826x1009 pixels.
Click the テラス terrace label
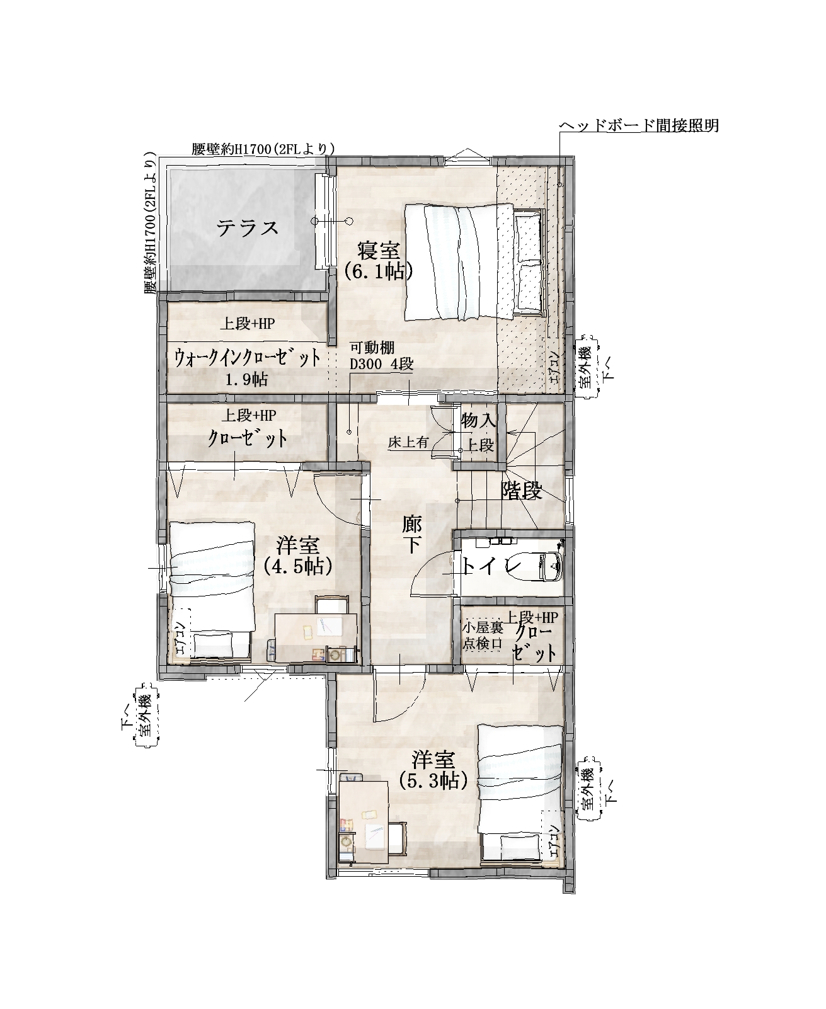247,228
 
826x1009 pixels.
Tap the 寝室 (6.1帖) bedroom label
379,261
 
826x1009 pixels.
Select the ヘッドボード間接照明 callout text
640,126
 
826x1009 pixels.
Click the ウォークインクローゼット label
247,358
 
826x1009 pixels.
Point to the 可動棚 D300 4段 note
381,356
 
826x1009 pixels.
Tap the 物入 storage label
479,421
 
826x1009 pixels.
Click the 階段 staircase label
522,491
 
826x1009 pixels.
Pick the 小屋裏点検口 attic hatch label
483,635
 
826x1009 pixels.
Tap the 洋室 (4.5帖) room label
297,556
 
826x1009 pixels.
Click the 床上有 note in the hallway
408,443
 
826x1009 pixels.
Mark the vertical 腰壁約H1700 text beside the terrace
151,223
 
